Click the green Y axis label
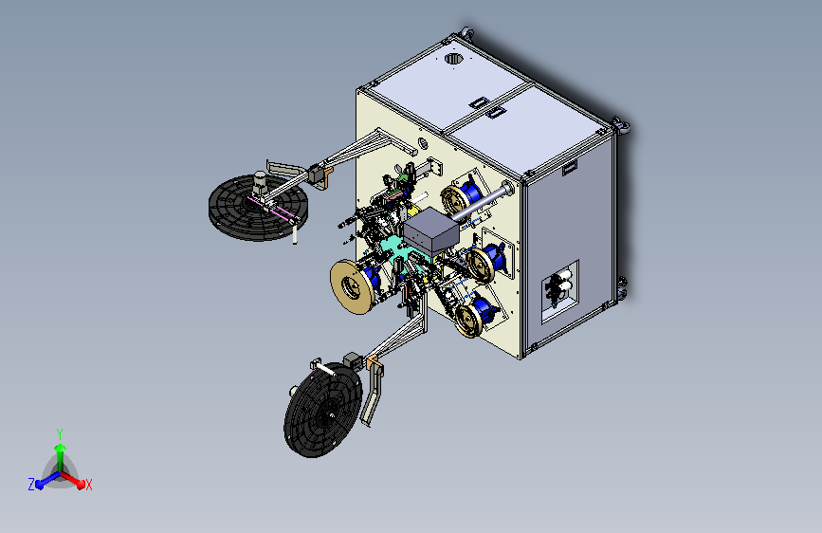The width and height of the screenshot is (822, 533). (x=60, y=434)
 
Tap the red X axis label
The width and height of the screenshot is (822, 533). (x=88, y=486)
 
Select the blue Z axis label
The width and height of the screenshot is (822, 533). (x=31, y=485)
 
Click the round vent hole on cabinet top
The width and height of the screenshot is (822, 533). (x=454, y=58)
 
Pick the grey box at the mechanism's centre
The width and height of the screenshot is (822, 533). (x=431, y=231)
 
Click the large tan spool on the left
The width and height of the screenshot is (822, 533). (x=353, y=286)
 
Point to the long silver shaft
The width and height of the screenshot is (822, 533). (x=481, y=201)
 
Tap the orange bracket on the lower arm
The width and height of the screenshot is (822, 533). (x=374, y=364)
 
